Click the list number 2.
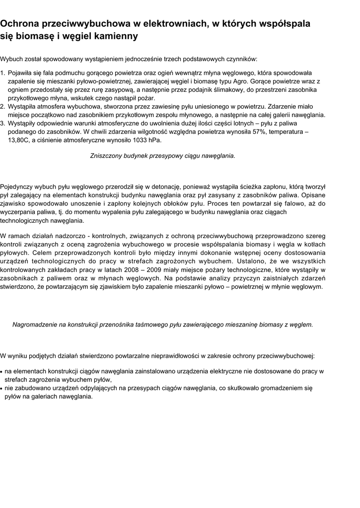pyautogui.click(x=2, y=107)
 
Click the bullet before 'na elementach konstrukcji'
pyautogui.click(x=2, y=372)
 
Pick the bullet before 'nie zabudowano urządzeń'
pyautogui.click(x=2, y=389)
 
